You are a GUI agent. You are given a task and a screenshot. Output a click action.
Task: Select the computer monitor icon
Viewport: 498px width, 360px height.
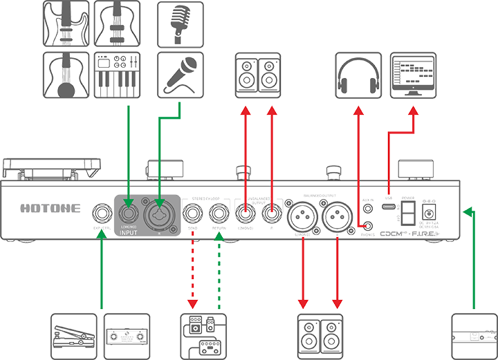[x=414, y=73]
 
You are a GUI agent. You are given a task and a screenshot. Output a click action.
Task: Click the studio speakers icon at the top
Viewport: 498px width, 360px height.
[x=257, y=75]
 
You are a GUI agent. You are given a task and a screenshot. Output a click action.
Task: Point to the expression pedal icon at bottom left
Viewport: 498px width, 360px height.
[x=74, y=336]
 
